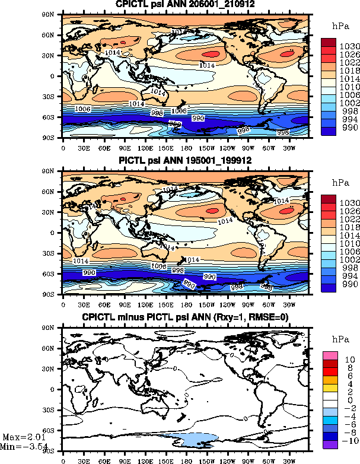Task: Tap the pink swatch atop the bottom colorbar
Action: point(330,355)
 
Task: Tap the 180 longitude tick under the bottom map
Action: point(186,460)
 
